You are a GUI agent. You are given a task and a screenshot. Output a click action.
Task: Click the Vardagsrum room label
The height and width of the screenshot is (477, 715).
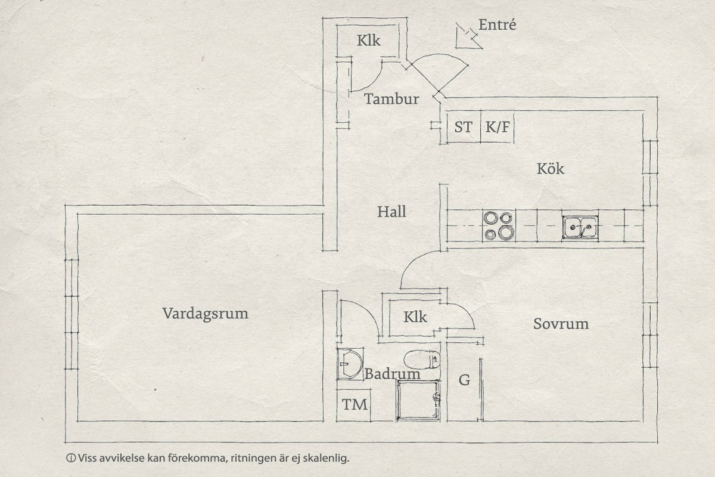pyautogui.click(x=205, y=314)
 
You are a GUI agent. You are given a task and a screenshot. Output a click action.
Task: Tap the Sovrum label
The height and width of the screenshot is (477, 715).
pyautogui.click(x=561, y=324)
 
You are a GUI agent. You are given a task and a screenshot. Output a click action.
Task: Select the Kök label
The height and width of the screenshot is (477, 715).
pyautogui.click(x=551, y=169)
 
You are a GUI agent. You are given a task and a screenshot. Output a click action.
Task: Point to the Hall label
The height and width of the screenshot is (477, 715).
pyautogui.click(x=391, y=212)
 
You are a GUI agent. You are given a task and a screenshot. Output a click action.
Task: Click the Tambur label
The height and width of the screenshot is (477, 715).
pyautogui.click(x=391, y=99)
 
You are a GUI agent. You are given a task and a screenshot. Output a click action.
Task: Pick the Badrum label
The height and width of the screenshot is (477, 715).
pyautogui.click(x=392, y=374)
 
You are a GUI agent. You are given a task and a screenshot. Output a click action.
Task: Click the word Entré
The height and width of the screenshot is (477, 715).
pyautogui.click(x=497, y=24)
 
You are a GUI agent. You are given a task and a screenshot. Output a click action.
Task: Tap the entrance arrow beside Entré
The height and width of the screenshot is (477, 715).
pyautogui.click(x=468, y=37)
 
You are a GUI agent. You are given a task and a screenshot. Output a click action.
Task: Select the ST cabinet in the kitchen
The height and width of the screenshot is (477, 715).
pyautogui.click(x=464, y=127)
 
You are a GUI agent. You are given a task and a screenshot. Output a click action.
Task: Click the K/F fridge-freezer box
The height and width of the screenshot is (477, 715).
pyautogui.click(x=498, y=127)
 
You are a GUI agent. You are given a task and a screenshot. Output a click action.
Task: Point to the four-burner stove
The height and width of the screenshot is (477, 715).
pyautogui.click(x=499, y=225)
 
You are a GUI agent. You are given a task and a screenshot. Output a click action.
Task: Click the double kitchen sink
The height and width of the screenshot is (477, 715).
pyautogui.click(x=580, y=228)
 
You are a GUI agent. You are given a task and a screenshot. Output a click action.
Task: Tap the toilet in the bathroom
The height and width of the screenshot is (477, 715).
pyautogui.click(x=422, y=360)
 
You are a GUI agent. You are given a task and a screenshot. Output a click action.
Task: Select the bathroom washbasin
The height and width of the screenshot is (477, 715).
pyautogui.click(x=350, y=364)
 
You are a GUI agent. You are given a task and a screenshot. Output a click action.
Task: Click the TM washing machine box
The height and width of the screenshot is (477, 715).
pyautogui.click(x=354, y=405)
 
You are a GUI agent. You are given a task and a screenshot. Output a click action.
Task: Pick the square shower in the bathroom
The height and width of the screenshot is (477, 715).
pyautogui.click(x=418, y=400)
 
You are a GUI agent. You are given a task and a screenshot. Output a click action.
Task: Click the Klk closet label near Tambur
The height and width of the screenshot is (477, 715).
pyautogui.click(x=368, y=41)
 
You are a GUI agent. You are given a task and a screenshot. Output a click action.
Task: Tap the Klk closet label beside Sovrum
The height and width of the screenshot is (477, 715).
pyautogui.click(x=415, y=317)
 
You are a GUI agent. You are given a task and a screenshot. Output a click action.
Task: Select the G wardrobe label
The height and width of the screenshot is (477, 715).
pyautogui.click(x=464, y=380)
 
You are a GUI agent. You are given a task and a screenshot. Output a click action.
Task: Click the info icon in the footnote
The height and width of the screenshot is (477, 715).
pyautogui.click(x=71, y=458)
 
